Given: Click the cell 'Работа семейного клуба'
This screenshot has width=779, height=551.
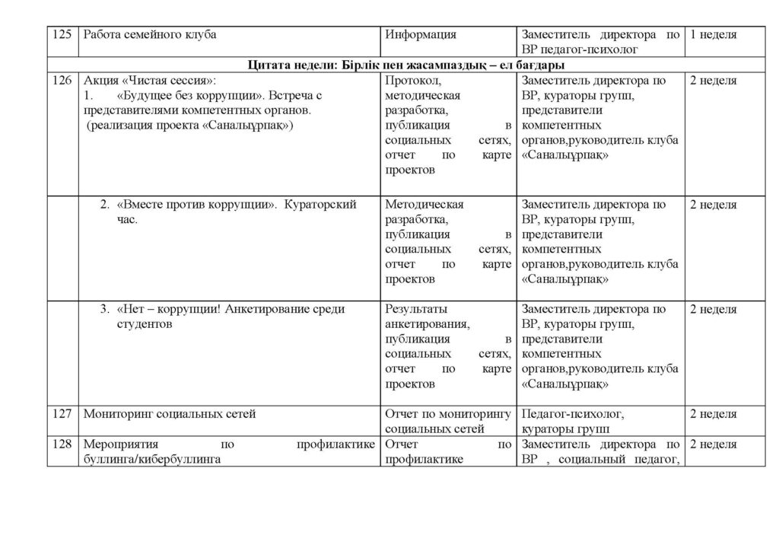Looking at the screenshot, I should (x=150, y=35).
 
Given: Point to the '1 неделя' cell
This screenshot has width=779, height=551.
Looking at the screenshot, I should (x=713, y=35).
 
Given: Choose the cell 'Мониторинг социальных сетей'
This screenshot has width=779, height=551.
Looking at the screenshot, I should (x=169, y=415).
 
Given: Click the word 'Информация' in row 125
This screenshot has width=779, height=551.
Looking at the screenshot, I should (x=421, y=35).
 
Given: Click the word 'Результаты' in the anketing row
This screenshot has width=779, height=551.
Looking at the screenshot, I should (x=417, y=309).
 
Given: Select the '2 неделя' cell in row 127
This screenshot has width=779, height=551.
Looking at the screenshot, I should (x=713, y=415).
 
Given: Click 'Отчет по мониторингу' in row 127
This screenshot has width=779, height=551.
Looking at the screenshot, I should (x=448, y=415).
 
